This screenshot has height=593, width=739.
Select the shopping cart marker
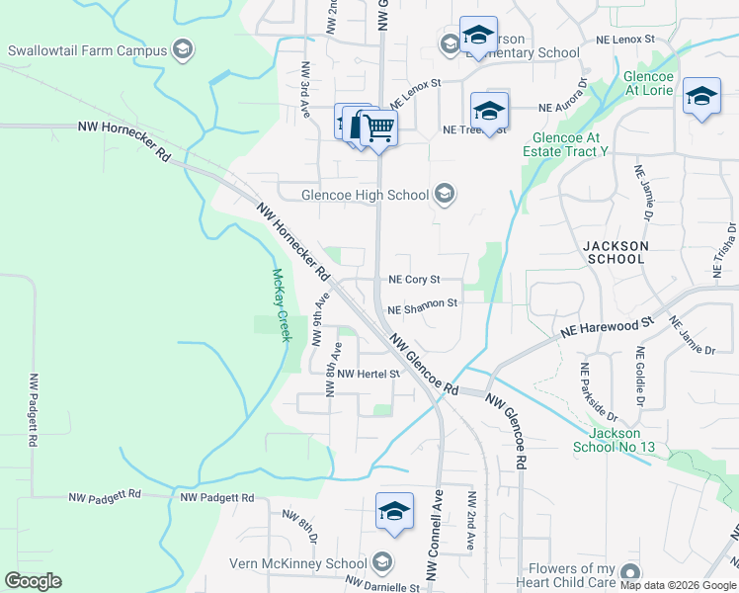coord(378,127)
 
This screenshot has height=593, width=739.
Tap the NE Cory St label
coord(413,280)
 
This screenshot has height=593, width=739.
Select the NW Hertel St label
coord(368,375)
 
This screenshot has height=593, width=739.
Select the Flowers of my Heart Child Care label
coord(584,576)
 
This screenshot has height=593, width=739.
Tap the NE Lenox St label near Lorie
coord(625,39)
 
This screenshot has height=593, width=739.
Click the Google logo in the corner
coord(33,581)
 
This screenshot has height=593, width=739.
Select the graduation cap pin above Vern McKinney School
coord(394,512)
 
